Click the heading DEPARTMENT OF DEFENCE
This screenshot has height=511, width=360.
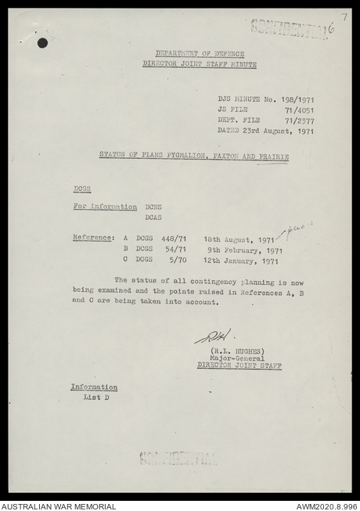(x=199, y=53)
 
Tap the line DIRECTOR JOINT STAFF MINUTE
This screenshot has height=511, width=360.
(x=199, y=63)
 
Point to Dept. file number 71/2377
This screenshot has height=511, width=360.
(x=300, y=121)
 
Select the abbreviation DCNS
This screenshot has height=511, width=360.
(x=153, y=207)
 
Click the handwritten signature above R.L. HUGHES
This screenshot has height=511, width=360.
(x=212, y=336)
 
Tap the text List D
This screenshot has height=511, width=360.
(x=96, y=398)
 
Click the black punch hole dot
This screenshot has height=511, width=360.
(x=42, y=43)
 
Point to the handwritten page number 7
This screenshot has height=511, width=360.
(x=343, y=16)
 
